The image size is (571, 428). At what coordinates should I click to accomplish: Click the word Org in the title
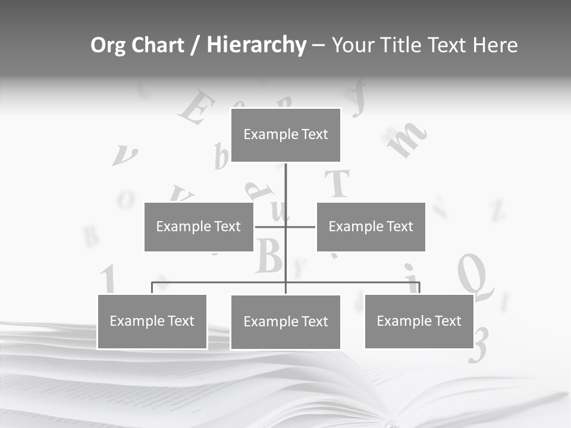(108, 46)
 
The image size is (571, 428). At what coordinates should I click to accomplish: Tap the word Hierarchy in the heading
(256, 46)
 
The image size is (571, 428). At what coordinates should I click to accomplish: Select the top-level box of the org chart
(285, 135)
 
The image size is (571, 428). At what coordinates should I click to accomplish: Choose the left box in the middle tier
(199, 226)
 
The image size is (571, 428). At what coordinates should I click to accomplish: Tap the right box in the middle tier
(371, 226)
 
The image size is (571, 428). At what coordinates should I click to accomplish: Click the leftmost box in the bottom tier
(152, 322)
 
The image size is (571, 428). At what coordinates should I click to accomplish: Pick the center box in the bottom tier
(285, 322)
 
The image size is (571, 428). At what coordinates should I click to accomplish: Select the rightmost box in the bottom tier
(419, 322)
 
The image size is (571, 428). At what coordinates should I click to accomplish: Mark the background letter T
(339, 183)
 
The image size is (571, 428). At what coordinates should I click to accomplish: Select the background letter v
(124, 156)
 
